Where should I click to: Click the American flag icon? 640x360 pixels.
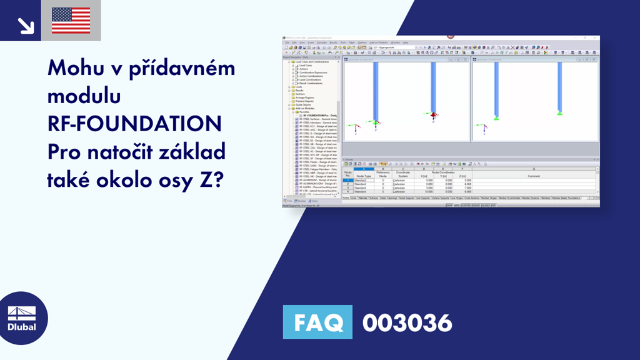71,21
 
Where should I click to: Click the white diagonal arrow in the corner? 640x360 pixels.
26,24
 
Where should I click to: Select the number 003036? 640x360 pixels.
407,323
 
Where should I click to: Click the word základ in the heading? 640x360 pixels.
191,152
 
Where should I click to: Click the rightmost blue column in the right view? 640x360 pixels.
560,87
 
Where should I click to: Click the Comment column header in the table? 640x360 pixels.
533,176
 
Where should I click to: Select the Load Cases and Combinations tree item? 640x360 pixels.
311,61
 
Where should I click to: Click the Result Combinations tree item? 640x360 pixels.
311,83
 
